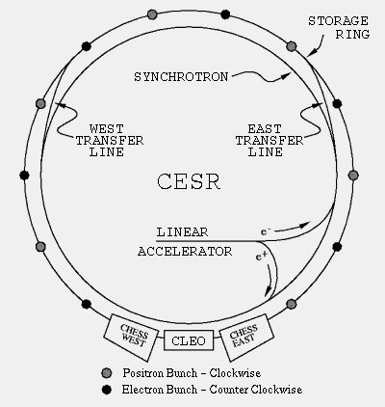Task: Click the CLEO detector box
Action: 189,340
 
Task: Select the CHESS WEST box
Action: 131,338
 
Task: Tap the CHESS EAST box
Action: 246,338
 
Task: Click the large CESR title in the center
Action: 189,181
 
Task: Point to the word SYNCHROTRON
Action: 181,77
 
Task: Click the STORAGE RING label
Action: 339,28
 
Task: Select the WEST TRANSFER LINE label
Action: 110,141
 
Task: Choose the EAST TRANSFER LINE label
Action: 269,141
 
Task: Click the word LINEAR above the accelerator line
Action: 182,231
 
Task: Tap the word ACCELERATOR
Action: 185,252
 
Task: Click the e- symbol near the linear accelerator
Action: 266,231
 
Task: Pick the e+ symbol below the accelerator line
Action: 262,257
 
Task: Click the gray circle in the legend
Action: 106,373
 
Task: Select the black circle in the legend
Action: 106,390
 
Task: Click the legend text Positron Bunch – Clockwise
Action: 192,373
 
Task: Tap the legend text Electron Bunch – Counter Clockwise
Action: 212,390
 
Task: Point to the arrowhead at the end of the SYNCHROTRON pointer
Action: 286,75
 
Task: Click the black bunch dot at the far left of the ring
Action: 24,176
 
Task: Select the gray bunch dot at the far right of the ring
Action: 353,176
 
